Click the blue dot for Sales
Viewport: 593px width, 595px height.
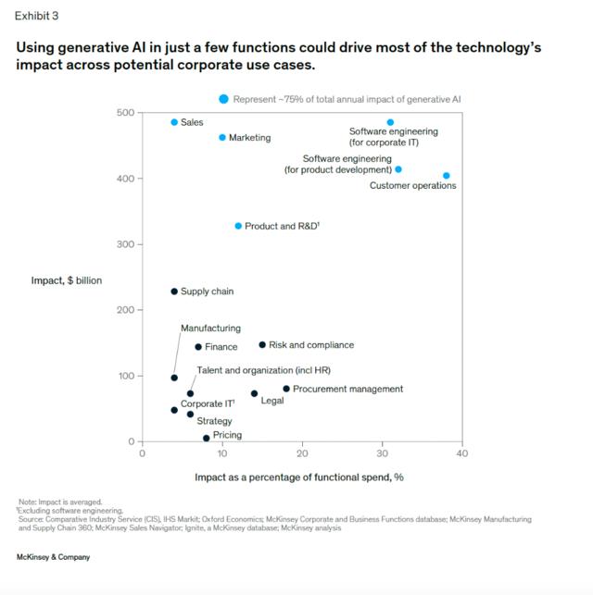tap(174, 122)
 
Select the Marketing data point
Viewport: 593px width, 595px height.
tap(222, 138)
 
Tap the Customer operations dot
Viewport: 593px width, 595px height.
tap(447, 176)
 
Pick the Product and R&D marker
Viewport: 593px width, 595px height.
tap(238, 226)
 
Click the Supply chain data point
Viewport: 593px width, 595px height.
tap(174, 291)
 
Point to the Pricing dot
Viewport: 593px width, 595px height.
tap(207, 438)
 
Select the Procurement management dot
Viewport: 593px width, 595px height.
tap(286, 389)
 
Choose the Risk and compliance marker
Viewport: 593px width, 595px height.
tap(262, 345)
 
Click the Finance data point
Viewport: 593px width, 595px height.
tap(198, 347)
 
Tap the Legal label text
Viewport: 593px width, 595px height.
tap(272, 401)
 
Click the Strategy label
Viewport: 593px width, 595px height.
tap(215, 421)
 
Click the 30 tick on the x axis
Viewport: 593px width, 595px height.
tap(382, 453)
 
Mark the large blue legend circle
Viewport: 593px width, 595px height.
tap(223, 99)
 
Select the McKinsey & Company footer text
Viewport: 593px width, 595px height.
tap(53, 557)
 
